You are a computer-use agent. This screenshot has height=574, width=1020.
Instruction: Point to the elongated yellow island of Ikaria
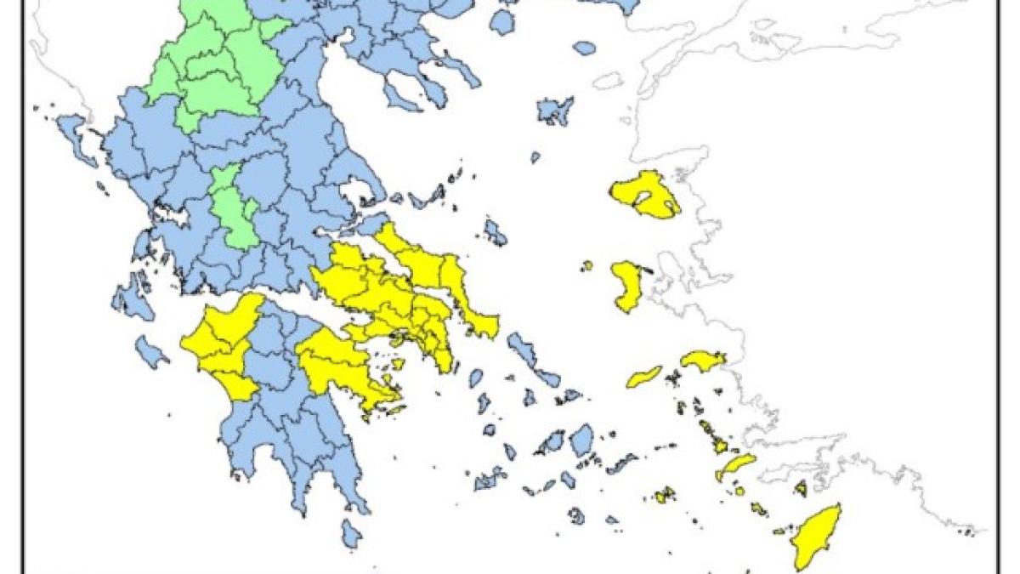pos(644,376)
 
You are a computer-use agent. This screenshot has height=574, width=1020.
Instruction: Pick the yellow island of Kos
pos(735,466)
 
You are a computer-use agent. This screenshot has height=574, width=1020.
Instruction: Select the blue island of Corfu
pos(76,136)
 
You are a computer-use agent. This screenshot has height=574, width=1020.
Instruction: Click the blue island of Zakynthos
pos(150,351)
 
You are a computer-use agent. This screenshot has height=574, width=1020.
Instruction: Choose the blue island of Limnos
pos(555,111)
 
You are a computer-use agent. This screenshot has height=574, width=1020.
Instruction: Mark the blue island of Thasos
pos(502,20)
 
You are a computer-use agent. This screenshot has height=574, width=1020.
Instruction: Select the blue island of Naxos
pos(581,440)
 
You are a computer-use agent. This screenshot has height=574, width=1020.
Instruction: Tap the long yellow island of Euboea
pos(425,264)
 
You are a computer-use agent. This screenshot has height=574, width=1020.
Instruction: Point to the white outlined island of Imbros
pos(609,81)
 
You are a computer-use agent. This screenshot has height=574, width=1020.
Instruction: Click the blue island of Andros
pos(521,348)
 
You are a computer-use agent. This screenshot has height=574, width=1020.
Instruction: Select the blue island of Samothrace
pos(583,48)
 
